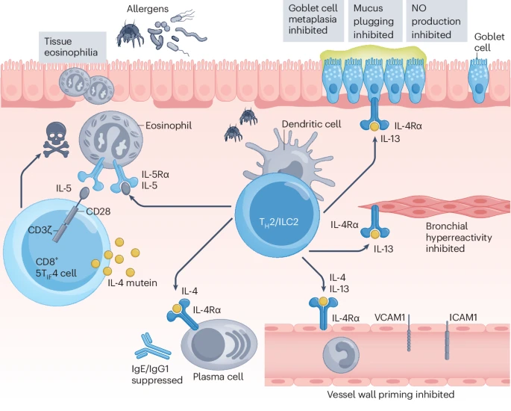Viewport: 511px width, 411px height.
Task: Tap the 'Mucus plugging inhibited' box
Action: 373,20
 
